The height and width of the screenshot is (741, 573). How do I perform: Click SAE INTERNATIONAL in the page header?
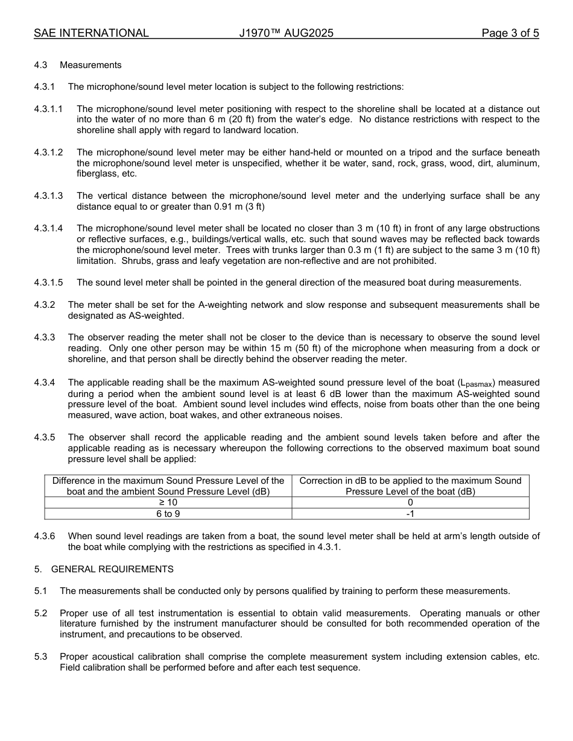pyautogui.click(x=91, y=33)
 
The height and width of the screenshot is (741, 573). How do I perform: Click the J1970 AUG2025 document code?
pyautogui.click(x=286, y=33)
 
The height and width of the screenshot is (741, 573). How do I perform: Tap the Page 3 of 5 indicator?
pyautogui.click(x=510, y=33)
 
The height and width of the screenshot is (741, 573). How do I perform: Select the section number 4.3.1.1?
pyautogui.click(x=48, y=109)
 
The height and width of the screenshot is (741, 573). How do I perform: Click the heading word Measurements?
pyautogui.click(x=90, y=65)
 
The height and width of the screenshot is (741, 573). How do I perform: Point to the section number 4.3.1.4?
pyautogui.click(x=48, y=228)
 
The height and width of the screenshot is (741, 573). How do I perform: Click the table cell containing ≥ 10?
pyautogui.click(x=168, y=502)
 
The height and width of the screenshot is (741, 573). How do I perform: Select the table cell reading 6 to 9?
pyautogui.click(x=168, y=514)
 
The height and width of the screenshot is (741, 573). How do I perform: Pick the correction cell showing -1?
pyautogui.click(x=410, y=514)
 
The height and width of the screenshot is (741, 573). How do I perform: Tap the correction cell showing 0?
pyautogui.click(x=410, y=502)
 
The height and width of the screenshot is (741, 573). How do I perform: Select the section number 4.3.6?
pyautogui.click(x=45, y=536)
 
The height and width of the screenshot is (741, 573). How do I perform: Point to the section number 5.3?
pyautogui.click(x=40, y=657)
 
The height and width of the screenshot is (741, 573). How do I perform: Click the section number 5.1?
pyautogui.click(x=40, y=591)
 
